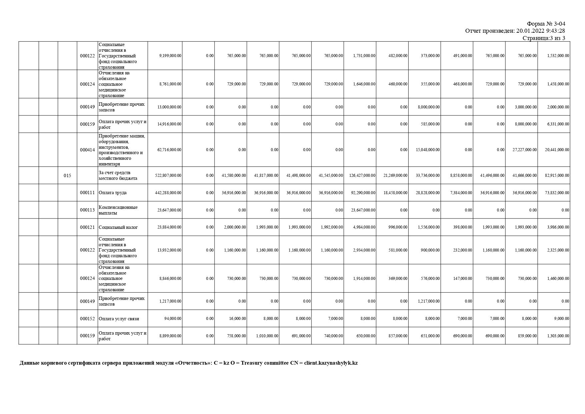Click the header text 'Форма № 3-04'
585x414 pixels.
tap(546, 24)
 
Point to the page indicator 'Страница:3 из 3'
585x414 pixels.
tap(544, 38)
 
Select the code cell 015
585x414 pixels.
tap(67, 175)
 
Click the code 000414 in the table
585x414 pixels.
tap(87, 150)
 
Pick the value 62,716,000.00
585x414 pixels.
tap(169, 150)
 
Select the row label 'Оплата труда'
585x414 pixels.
tap(113, 193)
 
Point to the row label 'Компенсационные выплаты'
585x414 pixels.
tap(118, 210)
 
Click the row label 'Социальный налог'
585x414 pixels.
tap(118, 228)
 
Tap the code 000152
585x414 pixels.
tap(87, 319)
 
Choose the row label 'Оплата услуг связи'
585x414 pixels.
tap(119, 319)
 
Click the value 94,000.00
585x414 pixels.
tap(173, 319)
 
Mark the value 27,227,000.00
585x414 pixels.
tap(525, 150)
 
